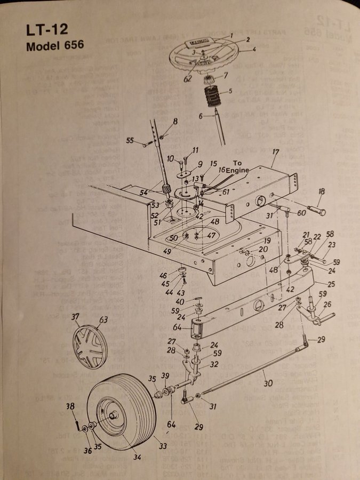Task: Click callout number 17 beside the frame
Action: coord(275,152)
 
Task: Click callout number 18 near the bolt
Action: coord(321,191)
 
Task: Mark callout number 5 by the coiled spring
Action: coord(230,91)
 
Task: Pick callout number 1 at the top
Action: coord(231,35)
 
